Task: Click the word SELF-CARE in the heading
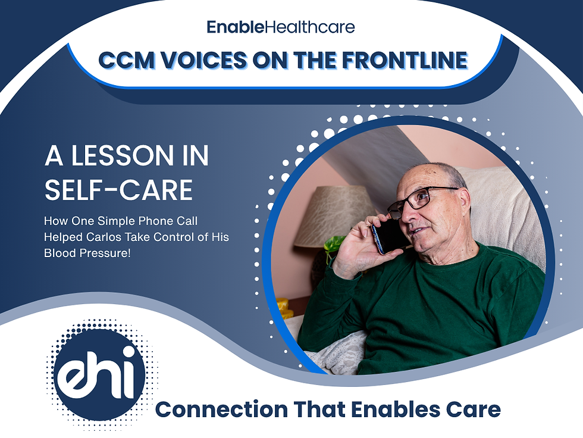pos(119,190)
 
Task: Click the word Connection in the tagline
pos(217,410)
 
